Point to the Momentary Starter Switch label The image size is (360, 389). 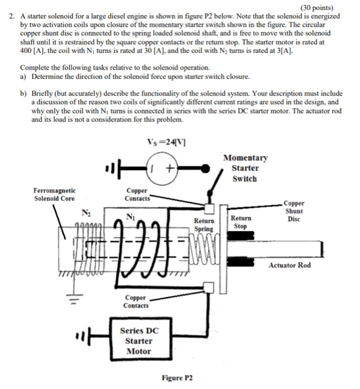point(244,168)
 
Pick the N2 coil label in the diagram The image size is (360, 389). point(86,212)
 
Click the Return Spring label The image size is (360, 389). point(204,225)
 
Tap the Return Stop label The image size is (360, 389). point(240,222)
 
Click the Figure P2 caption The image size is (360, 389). point(177,377)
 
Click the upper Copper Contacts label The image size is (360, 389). point(136,194)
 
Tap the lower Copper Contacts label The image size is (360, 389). point(136,302)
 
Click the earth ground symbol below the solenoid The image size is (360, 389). point(61,304)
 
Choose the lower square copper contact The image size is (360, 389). point(209,287)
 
